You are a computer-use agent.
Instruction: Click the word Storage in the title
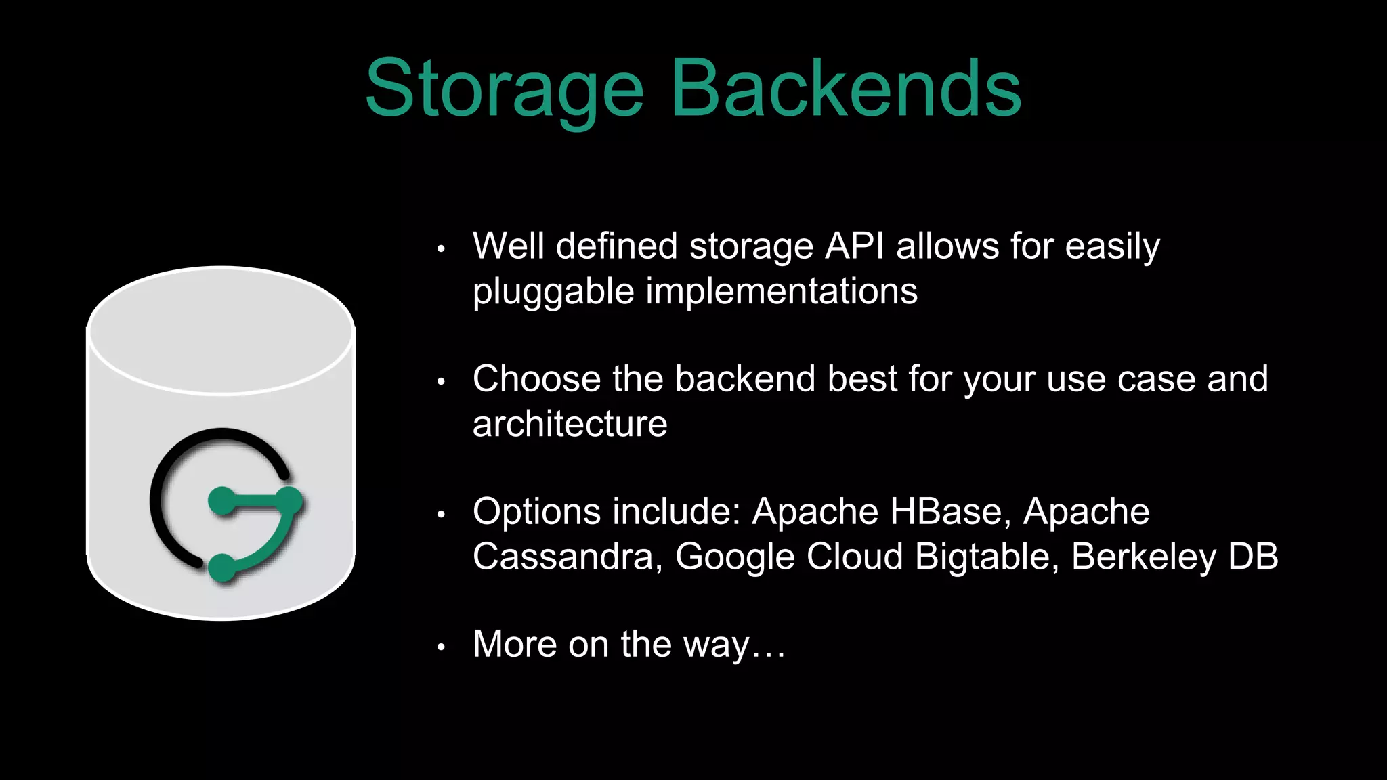pos(504,89)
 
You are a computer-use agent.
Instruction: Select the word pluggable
pos(553,292)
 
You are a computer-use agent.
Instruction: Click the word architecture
pos(570,424)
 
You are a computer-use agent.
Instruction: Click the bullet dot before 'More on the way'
pos(441,647)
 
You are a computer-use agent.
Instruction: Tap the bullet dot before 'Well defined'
pos(441,249)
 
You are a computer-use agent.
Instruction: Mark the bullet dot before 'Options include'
pos(441,515)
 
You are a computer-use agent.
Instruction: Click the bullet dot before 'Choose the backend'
pos(441,382)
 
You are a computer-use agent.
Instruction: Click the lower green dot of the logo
pos(221,567)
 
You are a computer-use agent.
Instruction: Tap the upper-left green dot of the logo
pos(221,502)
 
